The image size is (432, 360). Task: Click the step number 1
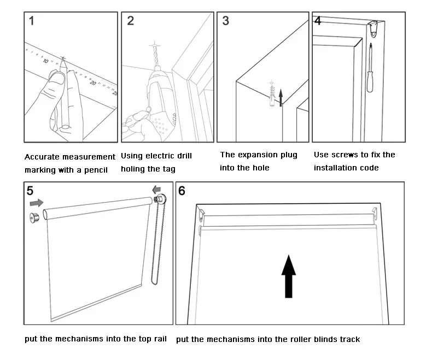tap(32, 21)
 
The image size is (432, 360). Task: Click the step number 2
tap(130, 21)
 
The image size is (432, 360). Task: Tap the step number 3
tap(226, 21)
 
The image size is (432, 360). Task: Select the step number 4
tap(318, 21)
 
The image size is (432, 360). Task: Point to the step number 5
tap(31, 191)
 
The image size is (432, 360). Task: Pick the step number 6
tap(182, 191)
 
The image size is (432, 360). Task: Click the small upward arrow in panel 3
tap(281, 97)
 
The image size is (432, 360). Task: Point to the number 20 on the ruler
tap(94, 82)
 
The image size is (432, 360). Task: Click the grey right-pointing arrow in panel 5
tap(36, 203)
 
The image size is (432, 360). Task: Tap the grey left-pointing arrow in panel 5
tap(158, 190)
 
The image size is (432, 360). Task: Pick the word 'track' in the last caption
tap(348, 339)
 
